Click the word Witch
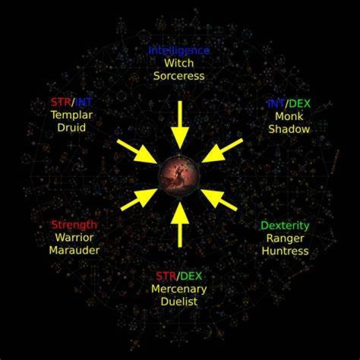pyautogui.click(x=179, y=63)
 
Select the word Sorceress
pyautogui.click(x=179, y=76)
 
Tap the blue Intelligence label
pyautogui.click(x=179, y=50)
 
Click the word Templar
pyautogui.click(x=71, y=115)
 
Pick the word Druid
pyautogui.click(x=71, y=127)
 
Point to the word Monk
pyautogui.click(x=289, y=116)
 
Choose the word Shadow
pyautogui.click(x=289, y=129)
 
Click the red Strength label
pyautogui.click(x=74, y=225)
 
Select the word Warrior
pyautogui.click(x=74, y=237)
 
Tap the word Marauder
pyautogui.click(x=74, y=250)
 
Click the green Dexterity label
pyautogui.click(x=285, y=226)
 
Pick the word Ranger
pyautogui.click(x=285, y=238)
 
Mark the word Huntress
pyautogui.click(x=285, y=251)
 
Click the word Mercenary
pyautogui.click(x=179, y=289)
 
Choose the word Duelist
pyautogui.click(x=179, y=301)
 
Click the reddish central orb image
pyautogui.click(x=179, y=176)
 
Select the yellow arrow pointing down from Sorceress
pyautogui.click(x=180, y=125)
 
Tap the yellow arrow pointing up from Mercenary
pyautogui.click(x=180, y=224)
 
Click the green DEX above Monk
pyautogui.click(x=299, y=104)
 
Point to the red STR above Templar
pyautogui.click(x=61, y=102)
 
